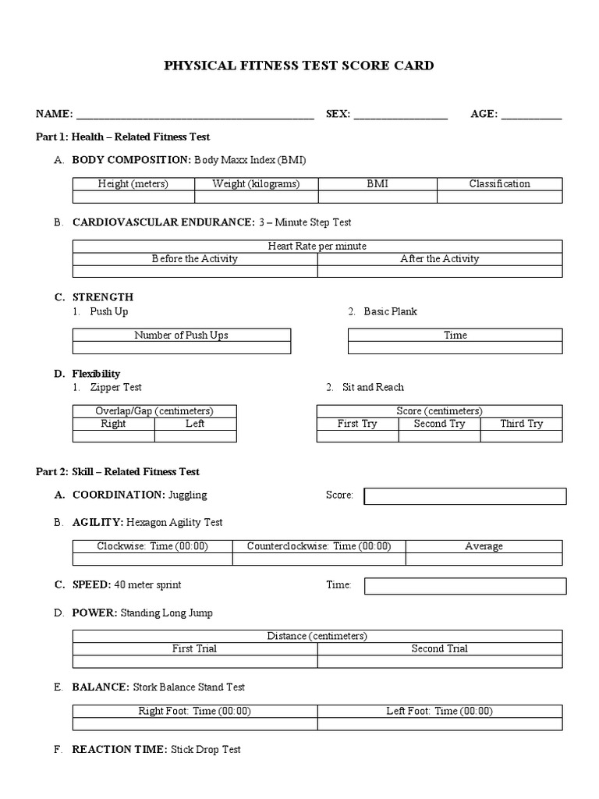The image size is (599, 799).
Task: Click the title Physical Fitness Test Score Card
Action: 299,66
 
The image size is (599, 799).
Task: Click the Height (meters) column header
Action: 133,184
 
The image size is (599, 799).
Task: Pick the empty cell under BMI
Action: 377,197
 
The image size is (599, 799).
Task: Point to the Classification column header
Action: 499,184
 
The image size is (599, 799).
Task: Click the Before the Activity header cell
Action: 194,259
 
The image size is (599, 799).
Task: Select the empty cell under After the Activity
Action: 439,272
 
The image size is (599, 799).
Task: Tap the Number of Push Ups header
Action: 181,336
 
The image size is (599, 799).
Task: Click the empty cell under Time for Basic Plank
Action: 455,348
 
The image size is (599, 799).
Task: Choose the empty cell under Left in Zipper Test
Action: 195,436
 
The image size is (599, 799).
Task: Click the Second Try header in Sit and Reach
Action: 439,424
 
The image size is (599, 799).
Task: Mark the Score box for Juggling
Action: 465,496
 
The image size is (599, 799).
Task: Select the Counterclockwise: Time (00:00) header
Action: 319,547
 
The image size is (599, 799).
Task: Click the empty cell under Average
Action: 484,559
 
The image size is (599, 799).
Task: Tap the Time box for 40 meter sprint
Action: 465,585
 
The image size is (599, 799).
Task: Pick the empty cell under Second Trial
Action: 439,662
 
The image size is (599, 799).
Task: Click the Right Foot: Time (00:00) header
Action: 194,712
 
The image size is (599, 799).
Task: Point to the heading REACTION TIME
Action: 119,750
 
